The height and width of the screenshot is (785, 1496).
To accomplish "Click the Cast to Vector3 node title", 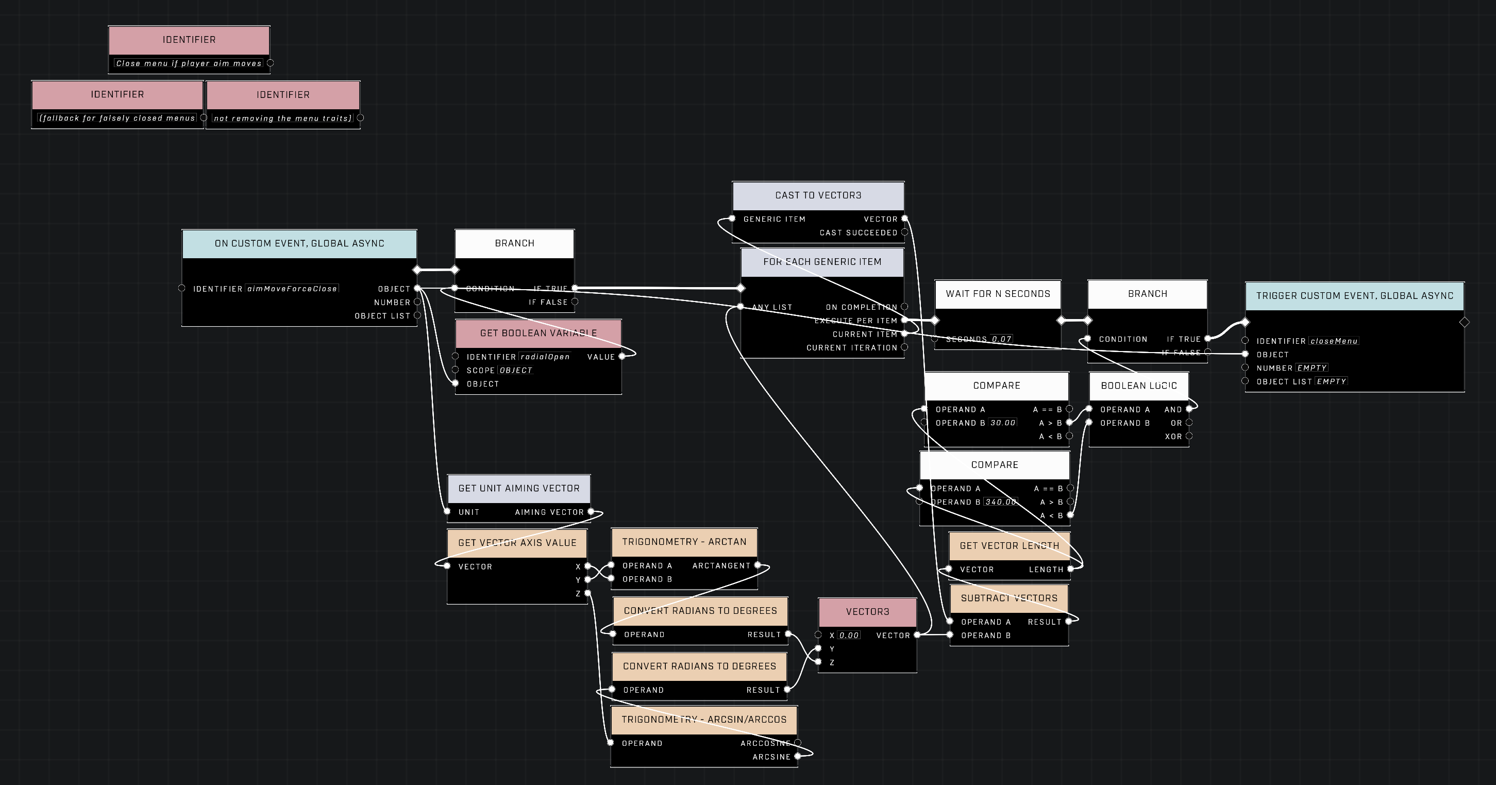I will [818, 195].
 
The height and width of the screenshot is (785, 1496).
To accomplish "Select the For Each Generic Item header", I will [822, 262].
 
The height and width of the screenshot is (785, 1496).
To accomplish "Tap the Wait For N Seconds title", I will [998, 294].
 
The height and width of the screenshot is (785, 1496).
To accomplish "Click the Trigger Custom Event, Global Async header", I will [1354, 296].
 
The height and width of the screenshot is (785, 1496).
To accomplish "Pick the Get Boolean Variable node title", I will [538, 333].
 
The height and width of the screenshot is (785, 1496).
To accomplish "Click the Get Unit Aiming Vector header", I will [518, 489].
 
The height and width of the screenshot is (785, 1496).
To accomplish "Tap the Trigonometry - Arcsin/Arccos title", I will [704, 720].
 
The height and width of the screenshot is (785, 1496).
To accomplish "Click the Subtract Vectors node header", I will [1008, 598].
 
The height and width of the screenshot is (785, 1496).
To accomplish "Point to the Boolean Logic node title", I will [1138, 386].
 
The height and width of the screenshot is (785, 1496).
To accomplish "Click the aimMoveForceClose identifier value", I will [292, 289].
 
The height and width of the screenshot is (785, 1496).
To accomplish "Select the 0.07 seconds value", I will [1001, 339].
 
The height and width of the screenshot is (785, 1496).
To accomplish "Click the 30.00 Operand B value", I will [1002, 423].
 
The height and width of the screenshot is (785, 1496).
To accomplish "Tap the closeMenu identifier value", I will [1333, 341].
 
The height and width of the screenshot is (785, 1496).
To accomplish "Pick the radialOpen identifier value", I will [544, 357].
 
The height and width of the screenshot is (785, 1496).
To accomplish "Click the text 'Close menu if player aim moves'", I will [189, 63].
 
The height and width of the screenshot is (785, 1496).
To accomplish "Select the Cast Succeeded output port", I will [904, 232].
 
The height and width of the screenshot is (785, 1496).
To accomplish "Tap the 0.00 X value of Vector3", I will [848, 636].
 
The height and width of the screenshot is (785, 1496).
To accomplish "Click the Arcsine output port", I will [797, 757].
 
